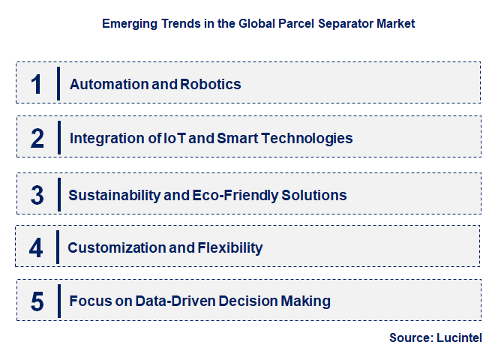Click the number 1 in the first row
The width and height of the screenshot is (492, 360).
tap(37, 84)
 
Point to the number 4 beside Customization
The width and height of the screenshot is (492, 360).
tap(37, 248)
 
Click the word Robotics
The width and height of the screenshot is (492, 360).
tap(211, 84)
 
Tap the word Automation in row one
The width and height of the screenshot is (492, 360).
tap(109, 84)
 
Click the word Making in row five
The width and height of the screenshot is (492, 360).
tap(306, 301)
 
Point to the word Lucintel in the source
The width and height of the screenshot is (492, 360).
tap(459, 338)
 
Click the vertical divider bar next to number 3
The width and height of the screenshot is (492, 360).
tap(58, 194)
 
